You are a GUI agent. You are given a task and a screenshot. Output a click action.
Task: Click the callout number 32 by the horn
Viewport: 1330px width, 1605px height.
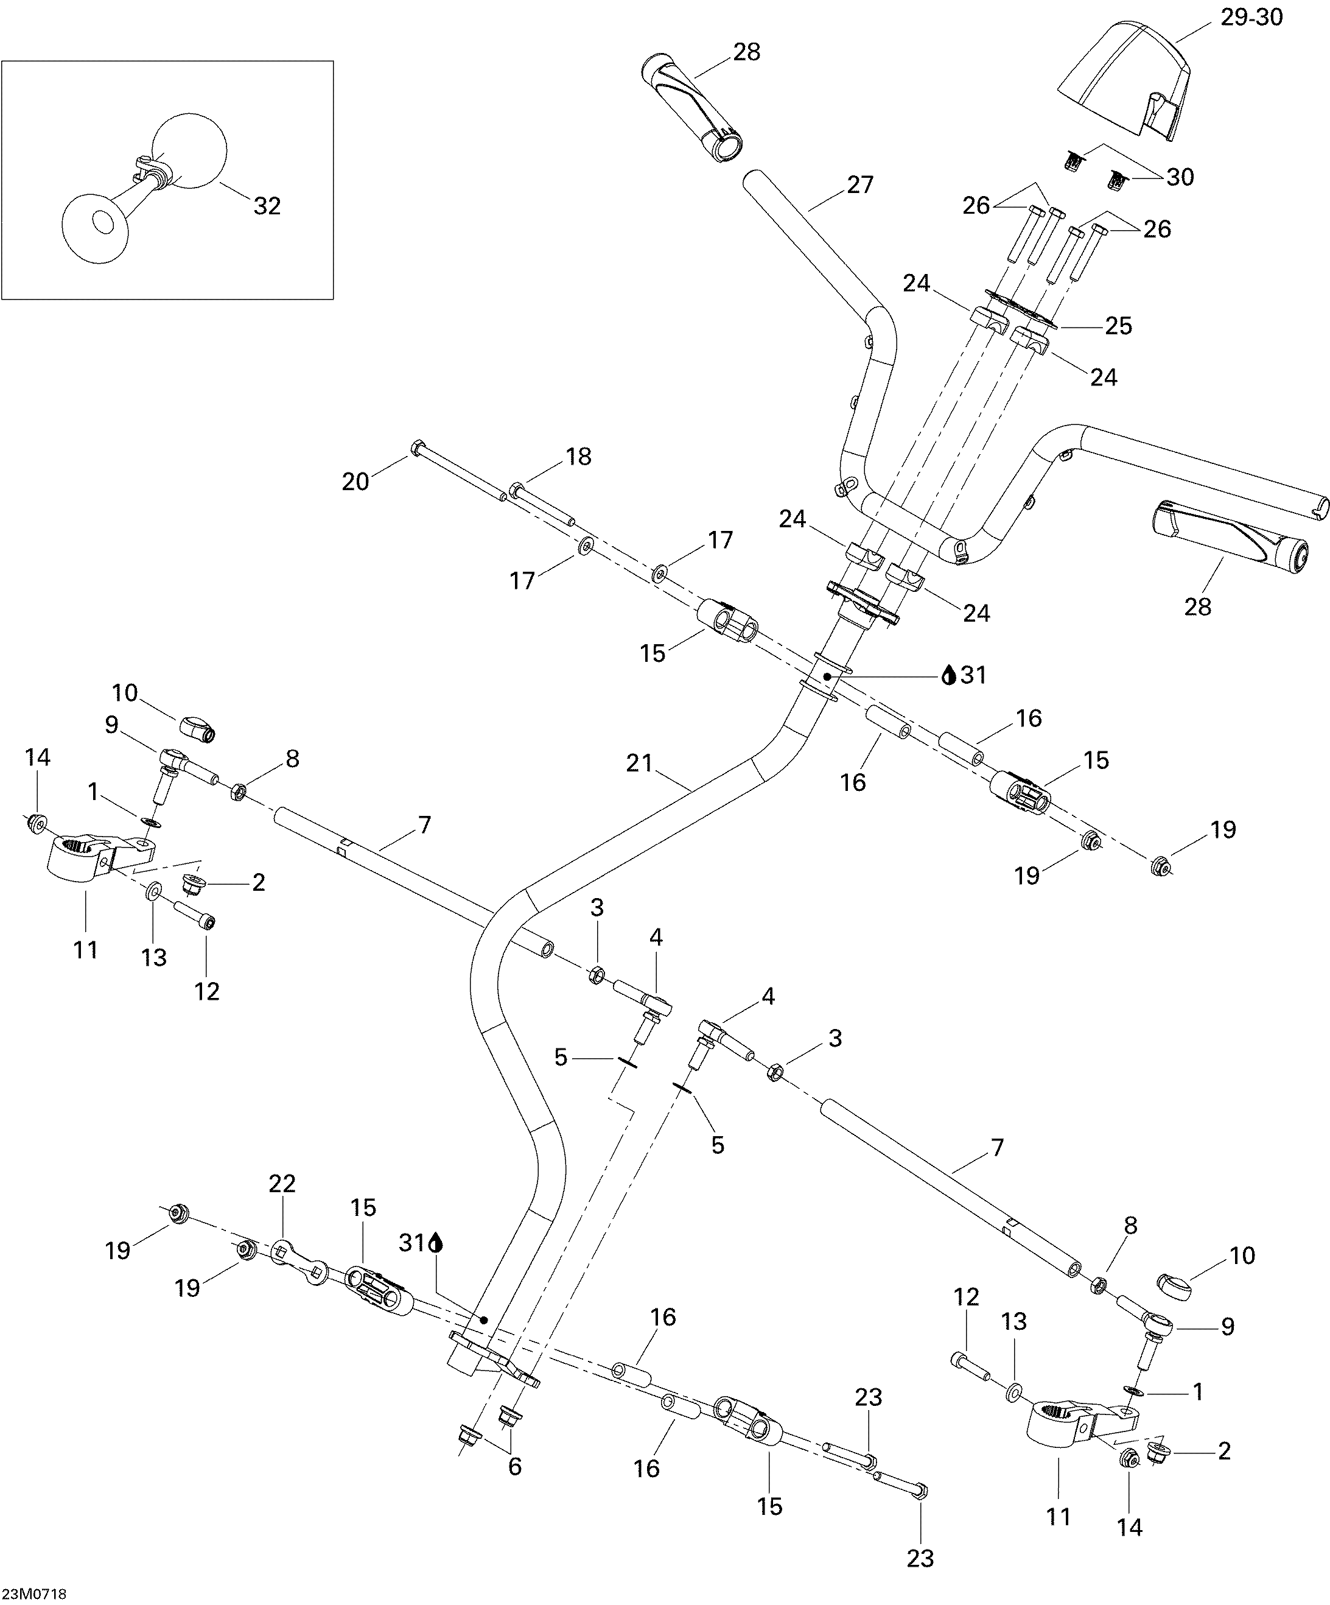pos(267,206)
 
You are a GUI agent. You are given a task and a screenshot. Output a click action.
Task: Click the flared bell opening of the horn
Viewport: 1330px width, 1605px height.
pos(93,224)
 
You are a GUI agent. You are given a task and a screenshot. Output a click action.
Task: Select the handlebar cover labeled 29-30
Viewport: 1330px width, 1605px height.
pos(1123,88)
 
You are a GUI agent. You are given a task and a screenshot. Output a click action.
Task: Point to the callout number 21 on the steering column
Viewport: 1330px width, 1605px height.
pos(639,763)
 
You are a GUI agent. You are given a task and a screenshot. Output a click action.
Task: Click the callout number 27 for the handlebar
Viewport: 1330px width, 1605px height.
pos(859,185)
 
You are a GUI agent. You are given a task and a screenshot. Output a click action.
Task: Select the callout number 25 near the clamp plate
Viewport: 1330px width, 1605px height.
pos(1118,326)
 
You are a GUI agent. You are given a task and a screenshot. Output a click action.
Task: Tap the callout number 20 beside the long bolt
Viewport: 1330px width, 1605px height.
pos(355,482)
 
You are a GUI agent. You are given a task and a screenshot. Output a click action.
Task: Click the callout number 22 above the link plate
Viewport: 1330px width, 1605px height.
pos(282,1183)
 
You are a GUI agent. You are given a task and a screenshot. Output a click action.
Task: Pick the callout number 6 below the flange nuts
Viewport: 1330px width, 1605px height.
pos(515,1466)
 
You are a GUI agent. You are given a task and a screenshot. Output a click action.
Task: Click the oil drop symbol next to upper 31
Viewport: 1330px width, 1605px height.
pos(949,675)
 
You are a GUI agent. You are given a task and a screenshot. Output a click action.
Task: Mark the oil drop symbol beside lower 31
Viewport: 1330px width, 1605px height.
pos(436,1243)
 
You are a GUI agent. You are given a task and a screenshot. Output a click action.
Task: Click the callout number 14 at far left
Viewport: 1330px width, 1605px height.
pos(37,757)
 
